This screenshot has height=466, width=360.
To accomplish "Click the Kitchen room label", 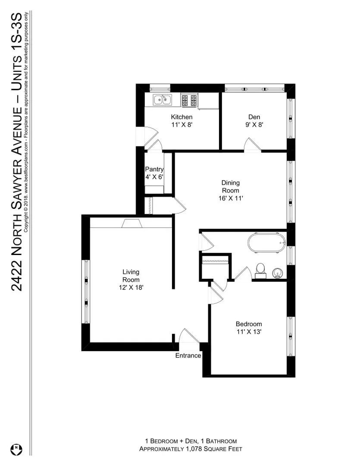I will [182, 117].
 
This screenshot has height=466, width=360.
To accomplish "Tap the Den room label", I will [254, 117].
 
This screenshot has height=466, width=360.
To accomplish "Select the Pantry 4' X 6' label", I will [154, 173].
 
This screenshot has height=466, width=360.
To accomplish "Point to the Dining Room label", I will [230, 186].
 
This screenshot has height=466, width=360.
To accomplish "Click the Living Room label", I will [131, 276].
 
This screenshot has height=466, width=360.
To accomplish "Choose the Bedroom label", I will [248, 324].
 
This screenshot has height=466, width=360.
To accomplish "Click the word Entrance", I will [188, 356].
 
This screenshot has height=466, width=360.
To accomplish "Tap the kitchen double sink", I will [162, 100].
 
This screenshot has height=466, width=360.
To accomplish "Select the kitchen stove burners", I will [188, 100].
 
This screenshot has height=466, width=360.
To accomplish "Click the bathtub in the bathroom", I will [267, 243].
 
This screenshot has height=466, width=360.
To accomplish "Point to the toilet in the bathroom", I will [260, 269].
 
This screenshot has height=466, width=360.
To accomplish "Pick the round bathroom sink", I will [278, 272].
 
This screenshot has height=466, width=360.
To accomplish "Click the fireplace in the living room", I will [131, 223].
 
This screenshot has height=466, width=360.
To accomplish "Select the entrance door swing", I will [188, 336].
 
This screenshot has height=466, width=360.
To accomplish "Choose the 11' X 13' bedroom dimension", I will [249, 332].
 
